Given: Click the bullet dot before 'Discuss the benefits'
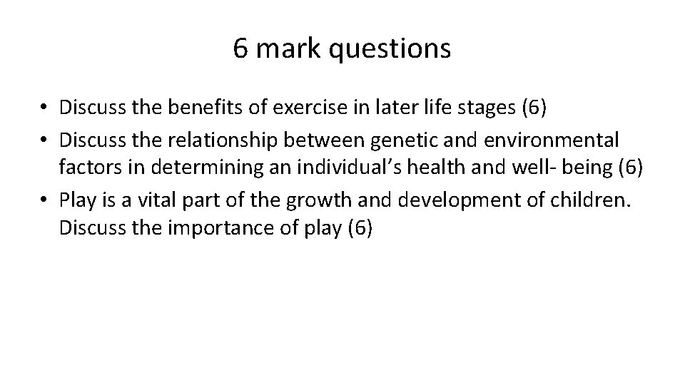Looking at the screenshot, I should coord(44,108).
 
